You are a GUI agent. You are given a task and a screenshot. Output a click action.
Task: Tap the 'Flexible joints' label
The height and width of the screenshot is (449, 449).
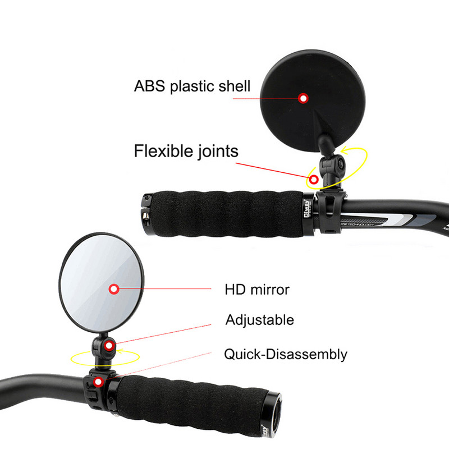click(186, 151)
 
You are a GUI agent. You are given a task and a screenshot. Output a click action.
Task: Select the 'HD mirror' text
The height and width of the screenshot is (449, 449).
click(257, 290)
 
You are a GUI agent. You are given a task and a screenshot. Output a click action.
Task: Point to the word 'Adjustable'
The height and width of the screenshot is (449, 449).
click(259, 320)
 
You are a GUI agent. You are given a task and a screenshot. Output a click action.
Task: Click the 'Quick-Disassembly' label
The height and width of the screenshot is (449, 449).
click(286, 354)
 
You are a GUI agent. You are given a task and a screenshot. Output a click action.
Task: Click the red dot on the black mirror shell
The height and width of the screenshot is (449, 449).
click(304, 98)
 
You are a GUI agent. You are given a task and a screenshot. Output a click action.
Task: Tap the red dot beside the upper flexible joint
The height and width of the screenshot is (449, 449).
click(314, 180)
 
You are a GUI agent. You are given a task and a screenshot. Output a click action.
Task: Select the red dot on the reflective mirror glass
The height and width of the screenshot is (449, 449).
click(114, 289)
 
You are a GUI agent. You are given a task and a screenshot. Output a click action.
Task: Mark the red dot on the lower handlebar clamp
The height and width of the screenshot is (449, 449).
click(99, 382)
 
